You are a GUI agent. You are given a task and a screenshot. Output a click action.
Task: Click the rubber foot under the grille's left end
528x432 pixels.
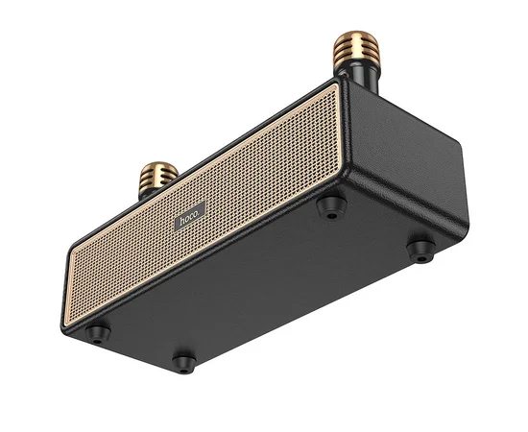tap(97, 332)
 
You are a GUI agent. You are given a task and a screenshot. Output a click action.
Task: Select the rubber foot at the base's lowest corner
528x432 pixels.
tap(182, 363)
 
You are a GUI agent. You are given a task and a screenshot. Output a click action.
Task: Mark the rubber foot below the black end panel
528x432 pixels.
tap(420, 250)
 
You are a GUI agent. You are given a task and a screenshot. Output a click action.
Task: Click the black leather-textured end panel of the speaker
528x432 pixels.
tap(403, 163)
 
